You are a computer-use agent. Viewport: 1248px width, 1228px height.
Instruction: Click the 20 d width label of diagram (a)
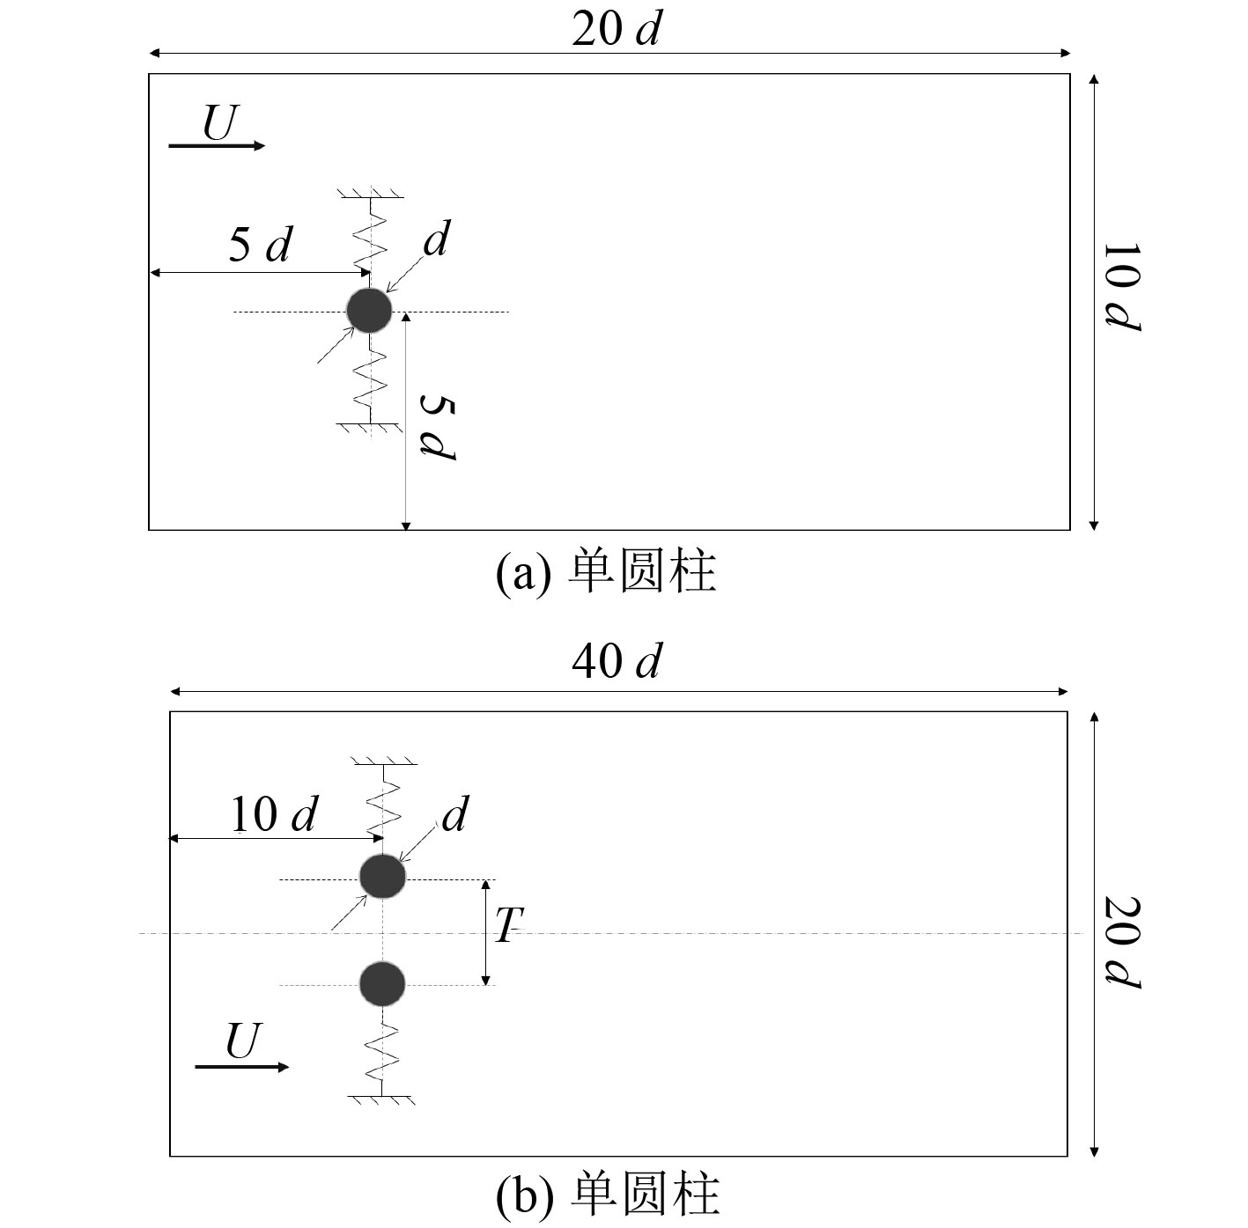click(616, 29)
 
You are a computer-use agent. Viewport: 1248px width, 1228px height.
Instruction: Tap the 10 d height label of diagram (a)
click(1122, 287)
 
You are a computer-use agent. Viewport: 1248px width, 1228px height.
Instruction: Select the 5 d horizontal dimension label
click(259, 245)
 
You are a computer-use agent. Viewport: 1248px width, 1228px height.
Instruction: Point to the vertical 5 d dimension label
click(438, 428)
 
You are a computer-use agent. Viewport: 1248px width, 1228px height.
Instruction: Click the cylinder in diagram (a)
click(369, 310)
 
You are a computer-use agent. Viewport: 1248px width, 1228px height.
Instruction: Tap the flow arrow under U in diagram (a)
click(217, 145)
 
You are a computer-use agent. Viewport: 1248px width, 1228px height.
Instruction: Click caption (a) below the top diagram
click(606, 571)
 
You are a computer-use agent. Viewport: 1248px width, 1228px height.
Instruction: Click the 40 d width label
click(616, 661)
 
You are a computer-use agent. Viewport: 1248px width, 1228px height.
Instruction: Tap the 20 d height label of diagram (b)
click(1123, 942)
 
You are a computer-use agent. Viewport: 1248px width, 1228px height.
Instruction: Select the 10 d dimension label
click(274, 814)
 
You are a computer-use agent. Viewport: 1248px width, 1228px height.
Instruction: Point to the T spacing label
click(507, 925)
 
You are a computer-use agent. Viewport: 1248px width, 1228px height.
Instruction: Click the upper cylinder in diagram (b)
click(383, 876)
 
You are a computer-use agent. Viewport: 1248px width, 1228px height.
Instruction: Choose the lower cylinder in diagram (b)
click(382, 983)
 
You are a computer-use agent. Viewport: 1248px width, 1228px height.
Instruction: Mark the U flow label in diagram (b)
click(243, 1041)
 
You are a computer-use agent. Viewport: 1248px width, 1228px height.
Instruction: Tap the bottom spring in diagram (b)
click(382, 1052)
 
